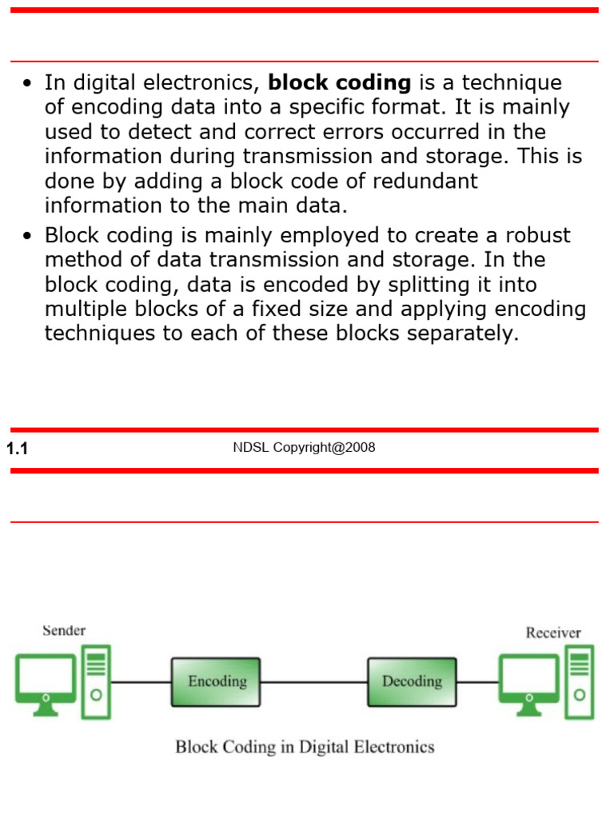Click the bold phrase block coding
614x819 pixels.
[x=340, y=83]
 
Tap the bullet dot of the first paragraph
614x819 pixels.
[x=28, y=84]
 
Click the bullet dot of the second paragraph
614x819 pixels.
[x=28, y=237]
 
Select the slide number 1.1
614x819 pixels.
[x=17, y=449]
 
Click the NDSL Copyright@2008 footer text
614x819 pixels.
[x=304, y=448]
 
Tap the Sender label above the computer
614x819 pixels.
[x=64, y=630]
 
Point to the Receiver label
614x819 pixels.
[x=553, y=633]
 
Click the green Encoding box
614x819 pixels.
[x=216, y=681]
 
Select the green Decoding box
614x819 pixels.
[x=412, y=681]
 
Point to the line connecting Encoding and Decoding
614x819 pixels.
[x=313, y=682]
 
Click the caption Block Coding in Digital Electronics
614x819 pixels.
[x=305, y=747]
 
